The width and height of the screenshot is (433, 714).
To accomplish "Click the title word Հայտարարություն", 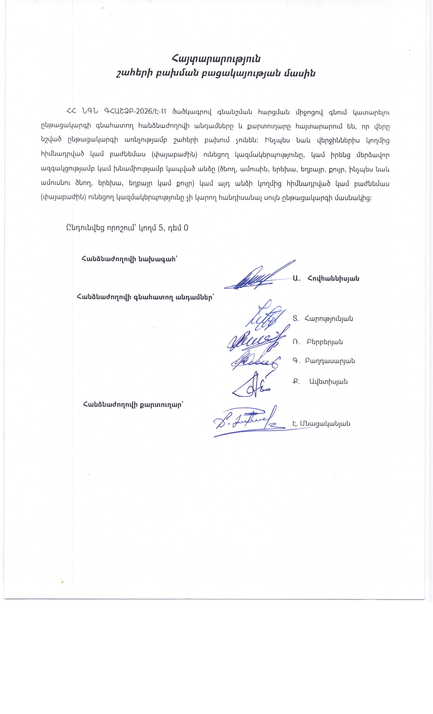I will click(216, 59).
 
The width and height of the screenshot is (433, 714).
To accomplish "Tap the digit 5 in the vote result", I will click(161, 228).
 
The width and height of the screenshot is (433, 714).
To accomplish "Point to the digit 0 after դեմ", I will click(186, 228).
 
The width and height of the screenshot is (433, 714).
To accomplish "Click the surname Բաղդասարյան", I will click(330, 361).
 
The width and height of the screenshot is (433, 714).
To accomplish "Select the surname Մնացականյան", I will click(325, 424).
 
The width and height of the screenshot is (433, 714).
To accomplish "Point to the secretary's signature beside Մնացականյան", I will click(246, 422).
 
